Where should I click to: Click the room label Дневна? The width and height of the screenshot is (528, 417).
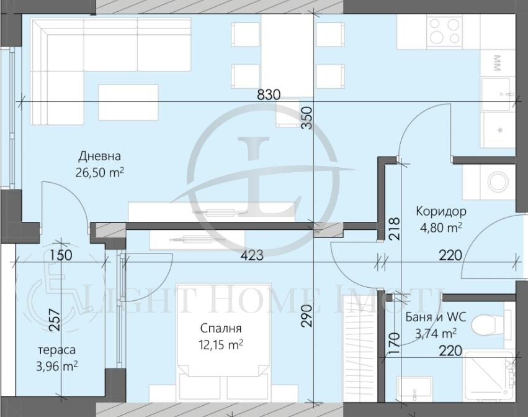coord(99,156)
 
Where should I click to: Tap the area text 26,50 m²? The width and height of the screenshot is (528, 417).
coord(100,172)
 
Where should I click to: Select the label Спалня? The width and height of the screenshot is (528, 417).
coord(220,328)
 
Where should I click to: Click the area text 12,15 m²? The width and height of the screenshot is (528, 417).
coord(221,345)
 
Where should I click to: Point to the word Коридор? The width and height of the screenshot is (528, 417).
coord(441,211)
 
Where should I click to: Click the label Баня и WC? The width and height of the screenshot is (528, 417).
coord(436,317)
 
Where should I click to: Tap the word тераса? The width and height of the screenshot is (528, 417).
coord(57,350)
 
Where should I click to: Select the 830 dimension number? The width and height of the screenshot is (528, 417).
coord(269,95)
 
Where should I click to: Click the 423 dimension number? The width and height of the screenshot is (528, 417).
coord(252,255)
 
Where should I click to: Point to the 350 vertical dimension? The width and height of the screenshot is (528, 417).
coord(307,117)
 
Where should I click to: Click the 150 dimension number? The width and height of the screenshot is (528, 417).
coord(61,255)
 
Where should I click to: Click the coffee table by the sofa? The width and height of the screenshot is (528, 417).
coord(128,103)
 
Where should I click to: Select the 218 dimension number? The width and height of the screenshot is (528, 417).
coord(394,229)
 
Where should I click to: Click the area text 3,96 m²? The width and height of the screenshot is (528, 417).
coord(57,366)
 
